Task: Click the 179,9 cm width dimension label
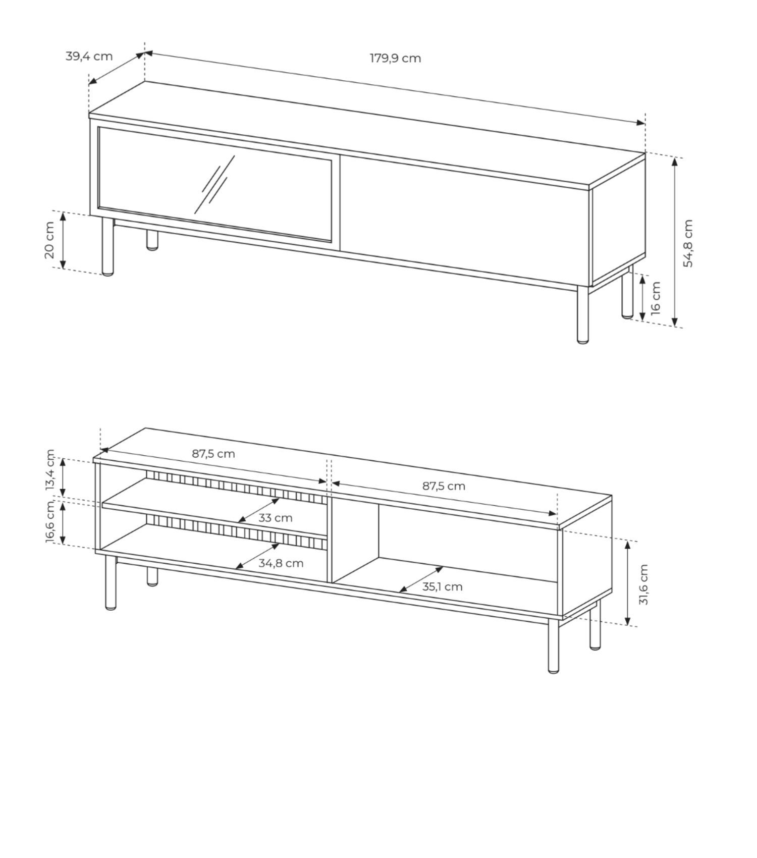click(395, 58)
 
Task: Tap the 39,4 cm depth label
click(89, 56)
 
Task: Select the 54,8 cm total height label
click(688, 243)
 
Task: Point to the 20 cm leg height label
click(49, 240)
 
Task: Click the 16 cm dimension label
click(655, 298)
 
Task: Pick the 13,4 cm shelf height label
click(50, 470)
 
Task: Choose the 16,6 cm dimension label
click(50, 522)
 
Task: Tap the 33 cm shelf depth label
click(275, 518)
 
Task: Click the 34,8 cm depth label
click(281, 563)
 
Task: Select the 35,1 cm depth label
click(442, 586)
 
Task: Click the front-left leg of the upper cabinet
click(107, 246)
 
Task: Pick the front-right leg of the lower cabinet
click(554, 646)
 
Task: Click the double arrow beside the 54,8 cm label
click(674, 241)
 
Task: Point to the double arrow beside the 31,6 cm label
click(628, 583)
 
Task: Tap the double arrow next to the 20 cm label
click(63, 240)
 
